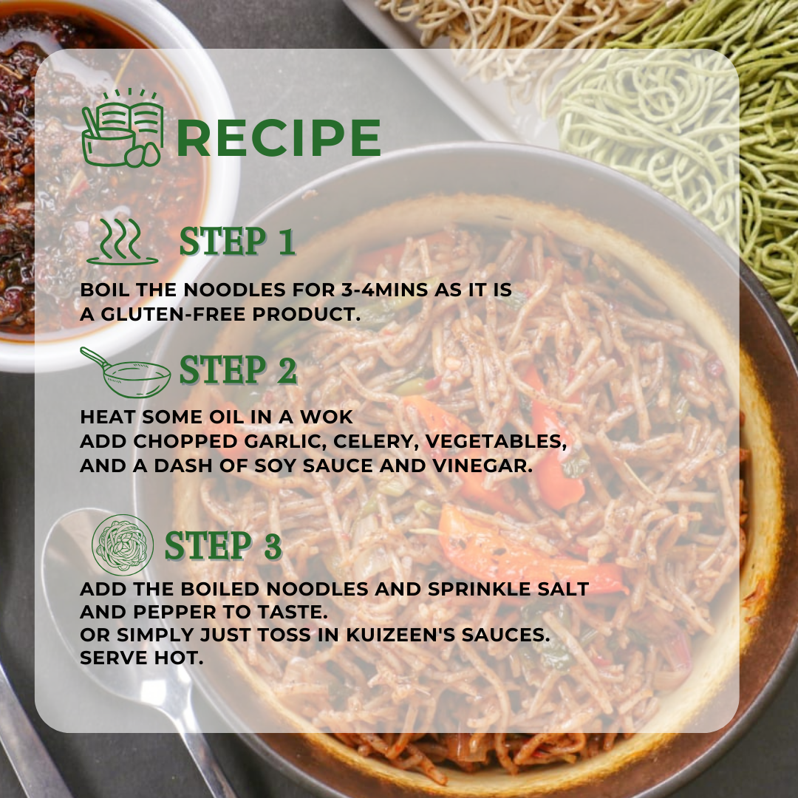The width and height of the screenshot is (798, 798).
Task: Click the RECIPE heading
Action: [279, 137]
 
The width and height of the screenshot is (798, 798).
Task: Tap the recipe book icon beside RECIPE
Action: [123, 129]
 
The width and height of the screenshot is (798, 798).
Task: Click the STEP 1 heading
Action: [238, 242]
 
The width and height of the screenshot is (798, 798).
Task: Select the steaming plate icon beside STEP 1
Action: [122, 242]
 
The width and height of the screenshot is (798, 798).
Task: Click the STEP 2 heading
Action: [238, 370]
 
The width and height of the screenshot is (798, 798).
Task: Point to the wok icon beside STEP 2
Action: [126, 372]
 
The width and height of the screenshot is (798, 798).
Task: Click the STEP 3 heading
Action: [223, 545]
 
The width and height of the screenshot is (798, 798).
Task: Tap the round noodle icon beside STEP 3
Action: [123, 545]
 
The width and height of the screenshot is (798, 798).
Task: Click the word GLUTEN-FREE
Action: [174, 314]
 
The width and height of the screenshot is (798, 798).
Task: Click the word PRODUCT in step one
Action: [307, 314]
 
